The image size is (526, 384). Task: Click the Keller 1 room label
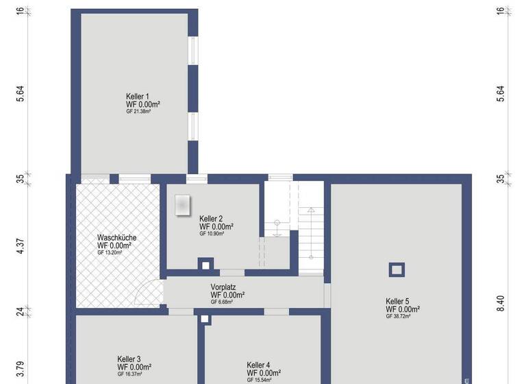137,96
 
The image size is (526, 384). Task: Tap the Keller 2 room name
211,218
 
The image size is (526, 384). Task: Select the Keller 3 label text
129,359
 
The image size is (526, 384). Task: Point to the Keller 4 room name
258,365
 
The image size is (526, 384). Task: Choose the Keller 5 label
397,301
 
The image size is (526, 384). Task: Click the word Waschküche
116,237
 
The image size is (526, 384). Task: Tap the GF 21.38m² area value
138,111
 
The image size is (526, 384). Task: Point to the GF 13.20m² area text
110,252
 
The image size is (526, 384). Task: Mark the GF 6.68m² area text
222,302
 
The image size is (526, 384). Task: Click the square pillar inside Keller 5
397,269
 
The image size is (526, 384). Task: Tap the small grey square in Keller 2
183,204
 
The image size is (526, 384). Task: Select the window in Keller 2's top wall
197,178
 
